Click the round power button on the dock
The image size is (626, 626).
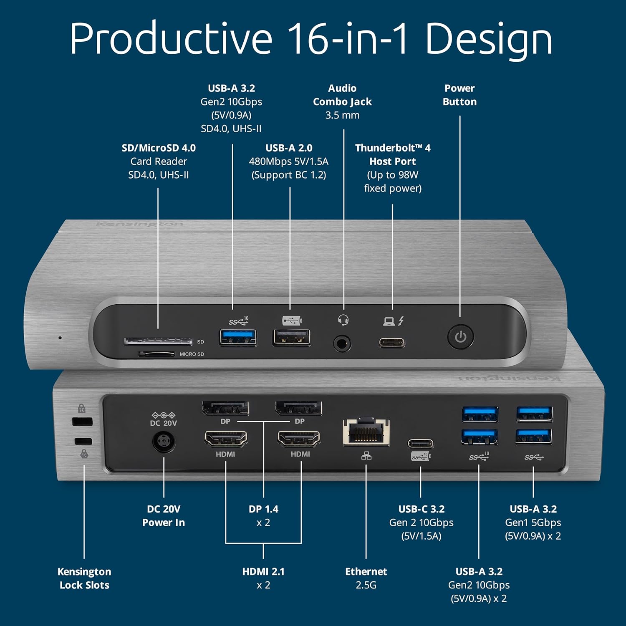coord(460,337)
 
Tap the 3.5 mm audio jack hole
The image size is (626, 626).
coord(342,344)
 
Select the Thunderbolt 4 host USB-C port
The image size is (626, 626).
coord(392,343)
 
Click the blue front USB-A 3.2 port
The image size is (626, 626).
coord(238,337)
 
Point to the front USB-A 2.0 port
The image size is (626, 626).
coord(291,337)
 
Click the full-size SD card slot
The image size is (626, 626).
coord(158,341)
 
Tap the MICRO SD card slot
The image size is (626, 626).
coord(156,354)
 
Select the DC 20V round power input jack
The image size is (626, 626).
coord(164,442)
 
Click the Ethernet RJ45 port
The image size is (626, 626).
coord(366,432)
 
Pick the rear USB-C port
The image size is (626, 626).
coord(420,443)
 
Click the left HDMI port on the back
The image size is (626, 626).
coord(226,439)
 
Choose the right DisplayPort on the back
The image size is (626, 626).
coord(298,408)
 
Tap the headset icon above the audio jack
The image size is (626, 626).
coord(343,320)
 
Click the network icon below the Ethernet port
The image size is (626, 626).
coord(366,456)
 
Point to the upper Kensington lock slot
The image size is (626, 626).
coord(82,422)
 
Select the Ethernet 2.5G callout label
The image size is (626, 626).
coord(366,578)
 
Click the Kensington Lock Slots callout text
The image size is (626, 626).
coord(84,578)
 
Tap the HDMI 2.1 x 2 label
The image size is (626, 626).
coord(263,578)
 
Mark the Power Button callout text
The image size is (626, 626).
coord(459,95)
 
